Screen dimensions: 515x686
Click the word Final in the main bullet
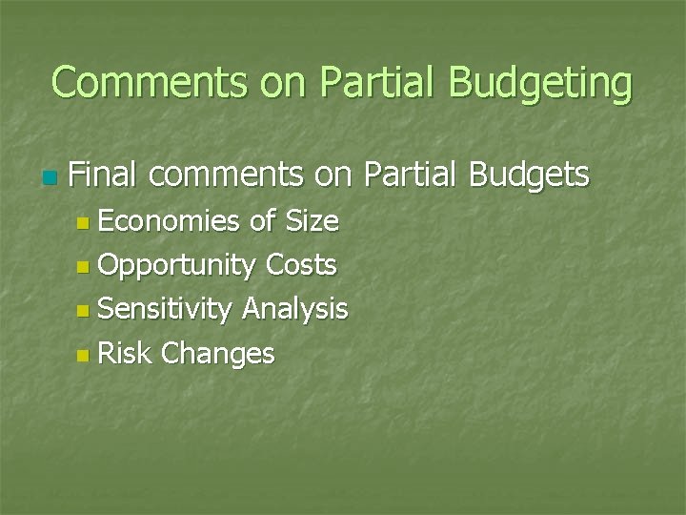point(104,175)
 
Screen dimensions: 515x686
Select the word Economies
point(169,221)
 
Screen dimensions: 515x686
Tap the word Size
point(313,221)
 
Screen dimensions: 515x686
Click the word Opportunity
point(176,266)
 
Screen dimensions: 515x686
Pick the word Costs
point(301,264)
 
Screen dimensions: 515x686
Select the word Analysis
point(295,310)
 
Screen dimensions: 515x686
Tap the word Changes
point(218,355)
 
